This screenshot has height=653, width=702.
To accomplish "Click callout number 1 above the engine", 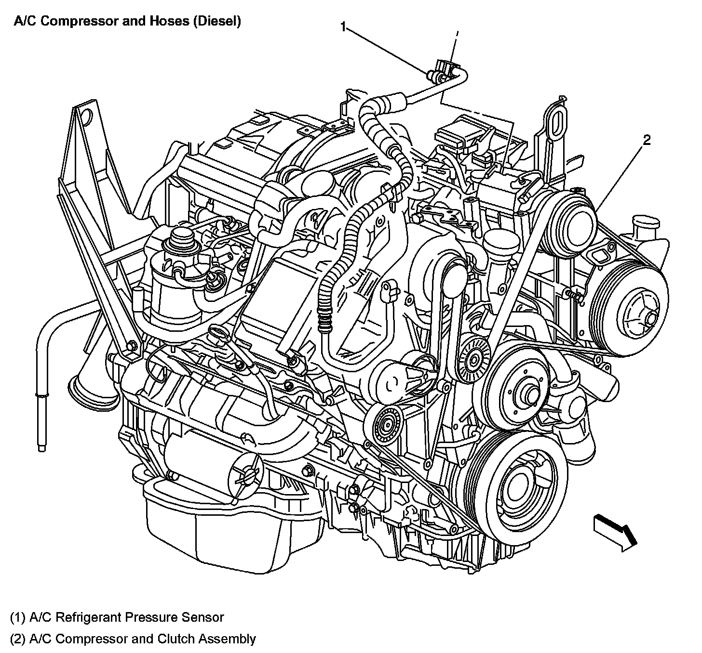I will (x=343, y=27).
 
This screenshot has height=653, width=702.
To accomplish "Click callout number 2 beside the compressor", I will (x=647, y=140).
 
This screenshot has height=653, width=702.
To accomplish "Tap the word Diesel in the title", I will (x=217, y=22).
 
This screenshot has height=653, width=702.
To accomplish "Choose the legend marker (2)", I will (x=17, y=639).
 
